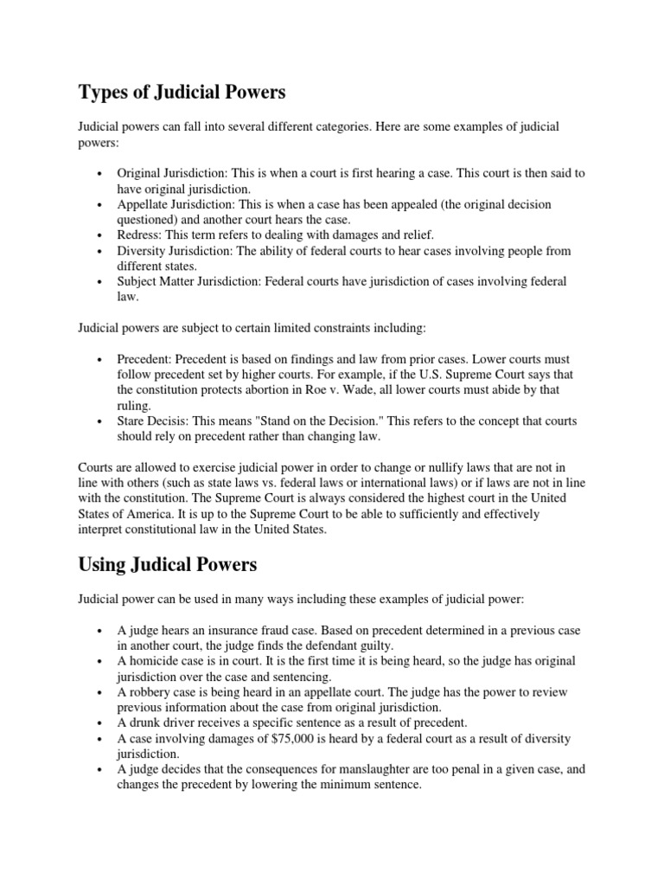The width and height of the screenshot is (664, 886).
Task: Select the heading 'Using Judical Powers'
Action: [x=167, y=565]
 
